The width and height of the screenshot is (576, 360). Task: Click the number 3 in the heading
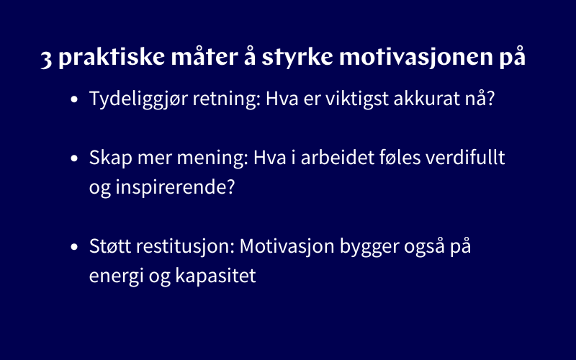click(47, 59)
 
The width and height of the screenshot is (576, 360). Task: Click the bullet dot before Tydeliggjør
click(75, 100)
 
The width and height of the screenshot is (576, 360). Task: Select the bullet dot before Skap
click(75, 158)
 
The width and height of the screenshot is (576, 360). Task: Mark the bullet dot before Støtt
click(75, 247)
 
